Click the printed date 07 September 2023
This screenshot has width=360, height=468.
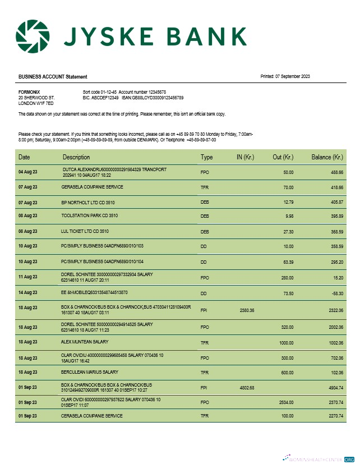point(293,76)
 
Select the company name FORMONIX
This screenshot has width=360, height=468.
point(29,91)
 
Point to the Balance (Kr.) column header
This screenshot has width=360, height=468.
point(327,157)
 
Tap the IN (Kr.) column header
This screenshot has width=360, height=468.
point(247,157)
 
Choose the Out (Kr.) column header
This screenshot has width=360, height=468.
point(283,157)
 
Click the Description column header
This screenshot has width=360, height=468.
point(76,157)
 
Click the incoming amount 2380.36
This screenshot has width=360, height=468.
point(247,310)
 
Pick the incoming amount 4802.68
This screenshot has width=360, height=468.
point(247,388)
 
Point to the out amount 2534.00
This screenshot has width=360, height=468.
point(285,402)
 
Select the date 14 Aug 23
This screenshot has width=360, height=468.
point(27,293)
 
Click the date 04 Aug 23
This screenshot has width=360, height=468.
point(27,172)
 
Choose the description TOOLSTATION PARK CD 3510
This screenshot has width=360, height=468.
point(90,215)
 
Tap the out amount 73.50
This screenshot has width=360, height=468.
point(288,293)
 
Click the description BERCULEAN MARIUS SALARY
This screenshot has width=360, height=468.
point(90,372)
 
